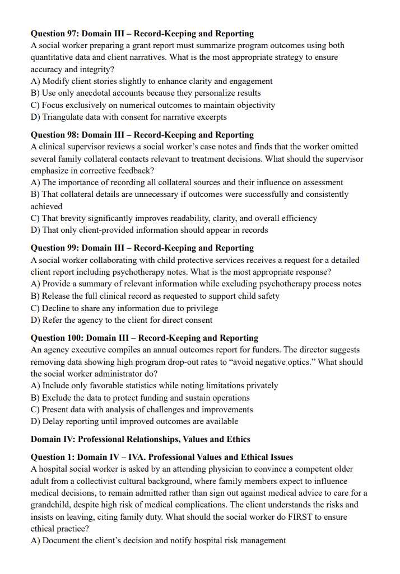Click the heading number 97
click(74, 34)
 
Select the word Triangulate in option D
click(63, 117)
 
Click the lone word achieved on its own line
click(46, 206)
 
